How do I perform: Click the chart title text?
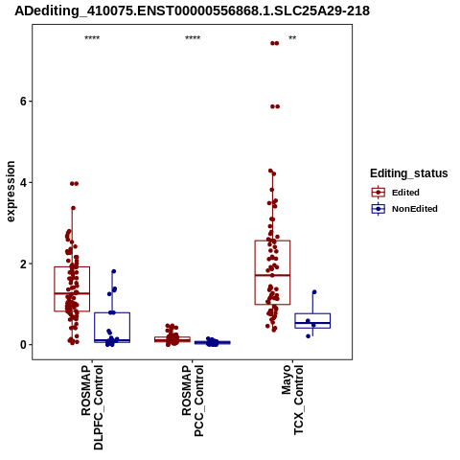point(192,11)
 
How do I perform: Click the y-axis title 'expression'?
point(11,192)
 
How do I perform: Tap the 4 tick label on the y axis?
point(23,183)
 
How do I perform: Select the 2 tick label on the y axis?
point(23,264)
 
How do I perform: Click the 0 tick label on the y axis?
point(23,345)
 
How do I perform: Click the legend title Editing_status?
point(409,173)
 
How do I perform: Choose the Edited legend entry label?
point(405,193)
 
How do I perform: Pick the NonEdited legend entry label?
point(415,209)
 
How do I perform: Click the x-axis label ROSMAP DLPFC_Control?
point(92,407)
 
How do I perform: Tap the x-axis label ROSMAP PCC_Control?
point(193,401)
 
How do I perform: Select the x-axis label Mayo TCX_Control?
point(292,400)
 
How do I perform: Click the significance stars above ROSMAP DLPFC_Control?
point(92,38)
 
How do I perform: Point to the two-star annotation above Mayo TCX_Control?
point(292,38)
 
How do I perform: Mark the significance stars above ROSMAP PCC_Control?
point(193,38)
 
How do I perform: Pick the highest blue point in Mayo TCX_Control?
point(314,292)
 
